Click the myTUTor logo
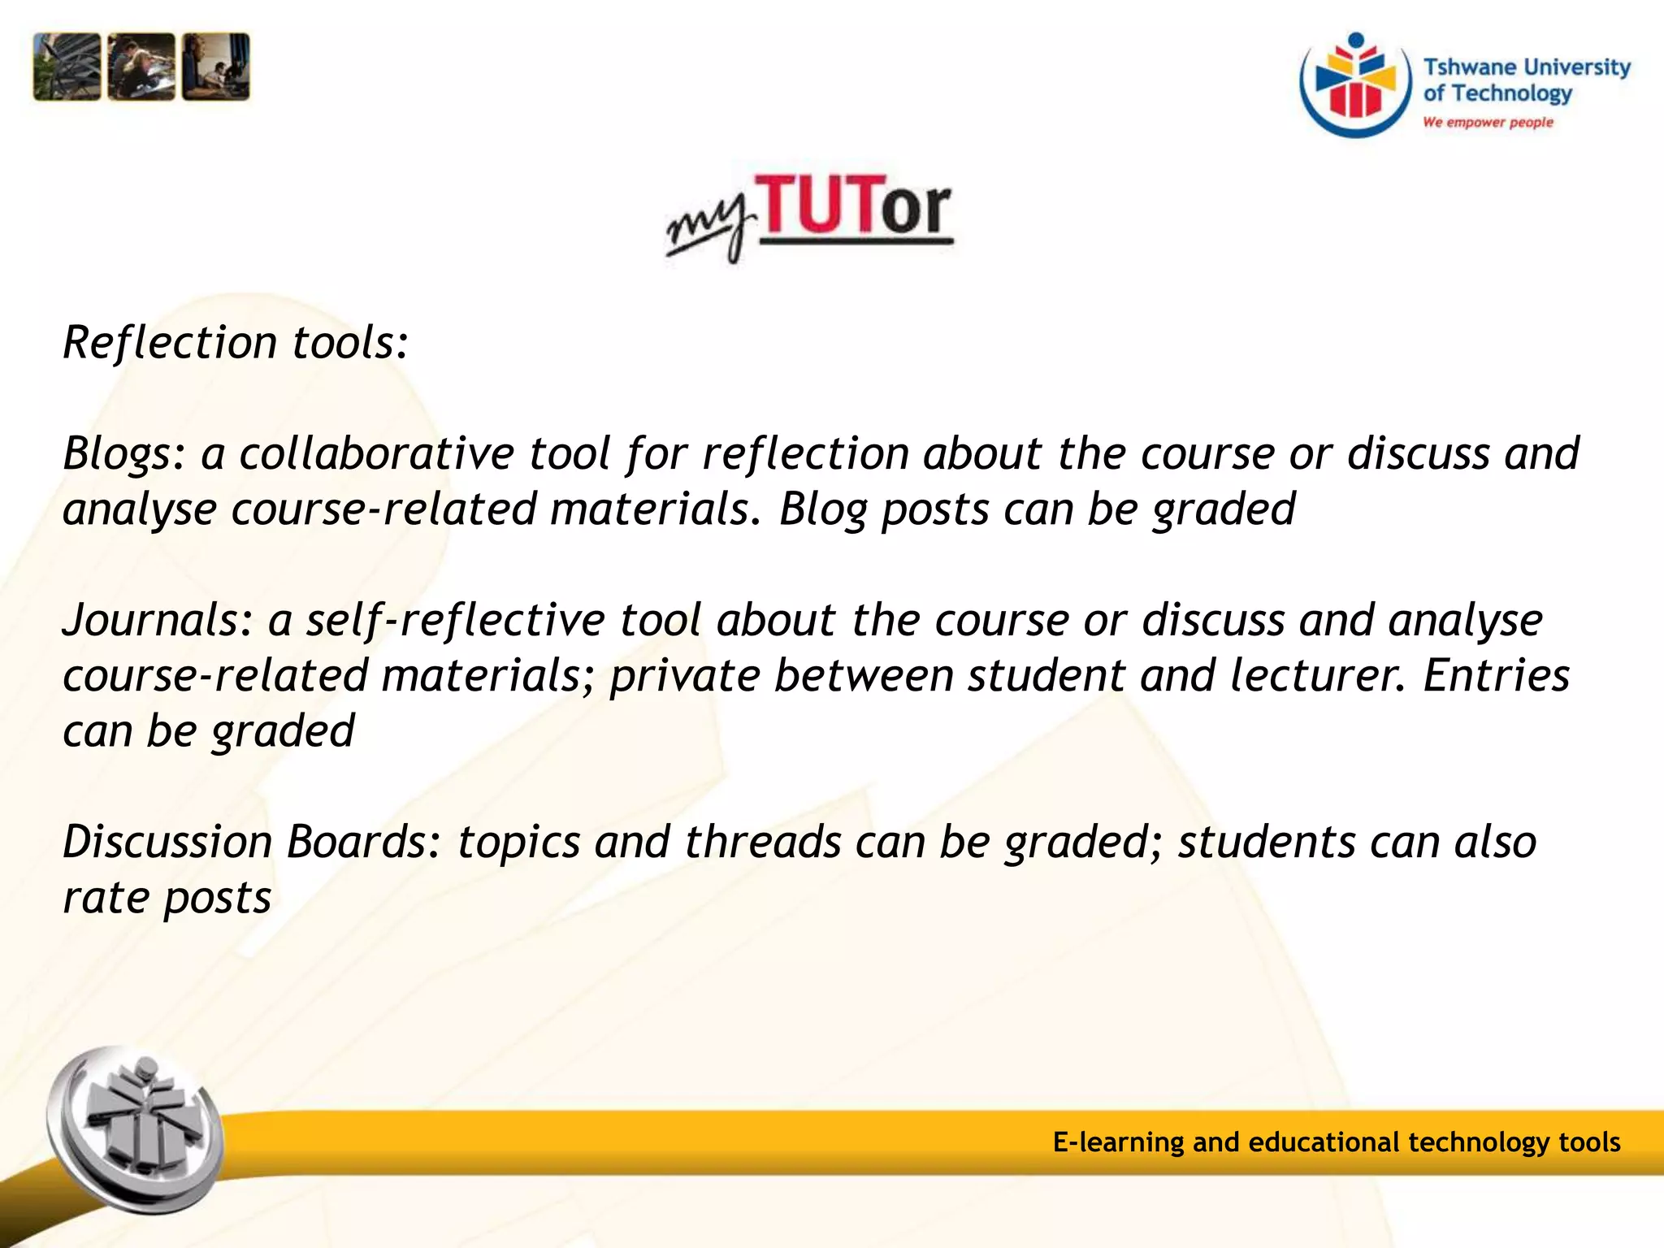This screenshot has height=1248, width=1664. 809,215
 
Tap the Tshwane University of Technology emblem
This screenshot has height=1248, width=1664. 1355,85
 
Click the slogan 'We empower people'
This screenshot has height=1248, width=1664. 1488,123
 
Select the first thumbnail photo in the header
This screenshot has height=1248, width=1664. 67,67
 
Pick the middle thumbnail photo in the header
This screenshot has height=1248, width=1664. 141,67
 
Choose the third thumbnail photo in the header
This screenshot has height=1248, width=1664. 215,67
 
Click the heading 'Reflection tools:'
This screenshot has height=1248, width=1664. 236,342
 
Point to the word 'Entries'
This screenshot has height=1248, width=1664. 1496,676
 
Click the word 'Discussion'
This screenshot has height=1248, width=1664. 167,842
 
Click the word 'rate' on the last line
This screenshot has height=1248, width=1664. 106,899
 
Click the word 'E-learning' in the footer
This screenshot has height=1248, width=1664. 1118,1142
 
